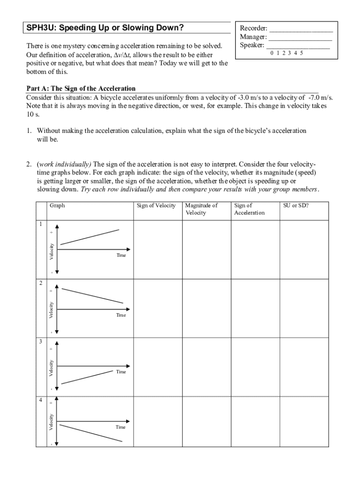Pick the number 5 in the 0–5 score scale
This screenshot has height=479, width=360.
302,53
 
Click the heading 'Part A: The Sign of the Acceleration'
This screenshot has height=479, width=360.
81,88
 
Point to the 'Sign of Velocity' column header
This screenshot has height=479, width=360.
156,205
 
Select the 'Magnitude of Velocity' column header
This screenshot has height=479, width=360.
202,209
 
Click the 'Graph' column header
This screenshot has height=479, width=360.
58,205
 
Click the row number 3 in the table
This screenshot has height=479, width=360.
41,342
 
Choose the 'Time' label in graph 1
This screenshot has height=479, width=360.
121,255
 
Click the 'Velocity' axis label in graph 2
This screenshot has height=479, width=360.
51,310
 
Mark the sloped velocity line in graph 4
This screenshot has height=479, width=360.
92,433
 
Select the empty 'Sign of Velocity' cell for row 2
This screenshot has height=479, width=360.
158,308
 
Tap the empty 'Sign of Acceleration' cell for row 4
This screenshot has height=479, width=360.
255,421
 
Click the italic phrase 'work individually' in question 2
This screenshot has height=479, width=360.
65,164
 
